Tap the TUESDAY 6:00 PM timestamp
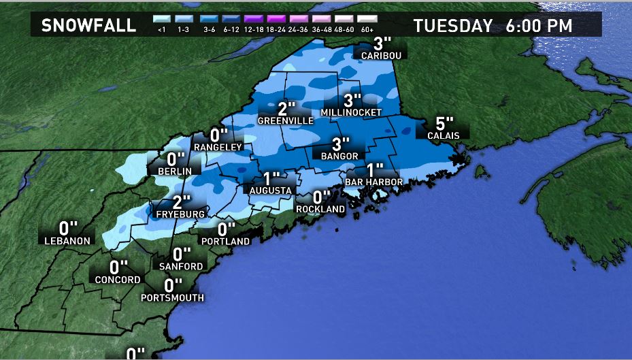[493, 26]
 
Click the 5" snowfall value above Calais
[444, 123]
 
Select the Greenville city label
[286, 120]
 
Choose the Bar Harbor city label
[374, 182]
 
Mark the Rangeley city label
[218, 147]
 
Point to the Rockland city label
[320, 209]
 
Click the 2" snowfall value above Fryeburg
[180, 201]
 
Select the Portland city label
[226, 241]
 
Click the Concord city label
[118, 280]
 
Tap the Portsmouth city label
[172, 297]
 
